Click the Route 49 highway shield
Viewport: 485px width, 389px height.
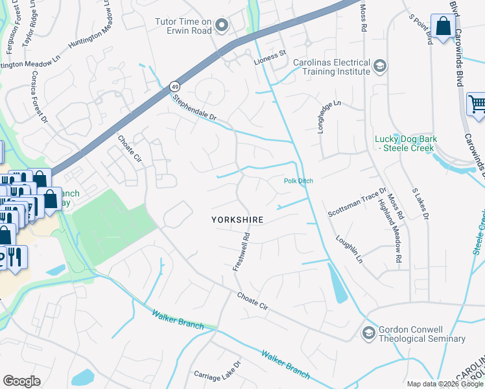point(174,86)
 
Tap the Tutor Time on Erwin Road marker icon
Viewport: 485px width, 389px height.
point(222,26)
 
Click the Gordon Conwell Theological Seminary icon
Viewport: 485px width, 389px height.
point(369,333)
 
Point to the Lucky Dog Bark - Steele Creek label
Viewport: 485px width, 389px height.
point(406,144)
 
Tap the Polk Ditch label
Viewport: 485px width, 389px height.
point(298,181)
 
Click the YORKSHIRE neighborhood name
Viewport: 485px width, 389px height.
point(237,220)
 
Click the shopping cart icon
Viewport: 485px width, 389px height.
point(477,104)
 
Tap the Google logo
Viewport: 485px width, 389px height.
point(21,381)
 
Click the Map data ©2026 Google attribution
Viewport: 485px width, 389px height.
point(445,384)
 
